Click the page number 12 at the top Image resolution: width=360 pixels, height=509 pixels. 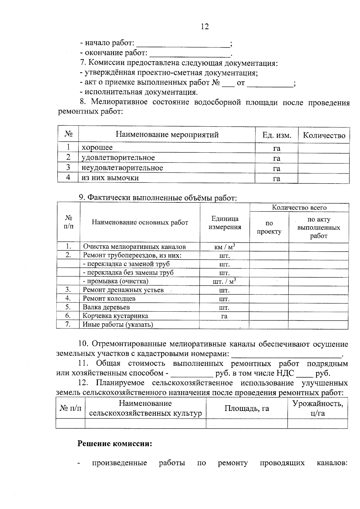(205, 26)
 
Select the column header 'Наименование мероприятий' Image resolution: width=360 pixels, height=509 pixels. (167, 135)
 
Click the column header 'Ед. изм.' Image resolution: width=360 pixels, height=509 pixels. (277, 135)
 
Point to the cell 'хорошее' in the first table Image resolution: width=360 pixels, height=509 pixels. (97, 148)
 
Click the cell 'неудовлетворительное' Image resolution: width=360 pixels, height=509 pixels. (122, 168)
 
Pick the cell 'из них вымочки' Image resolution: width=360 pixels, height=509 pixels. (110, 178)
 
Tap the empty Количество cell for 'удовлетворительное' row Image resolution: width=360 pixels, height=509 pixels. (323, 158)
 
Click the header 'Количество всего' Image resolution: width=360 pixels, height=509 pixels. (299, 208)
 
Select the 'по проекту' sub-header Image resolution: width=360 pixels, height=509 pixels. (269, 227)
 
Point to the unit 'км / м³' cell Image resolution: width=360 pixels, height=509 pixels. (224, 247)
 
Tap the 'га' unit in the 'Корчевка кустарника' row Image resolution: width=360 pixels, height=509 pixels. (224, 316)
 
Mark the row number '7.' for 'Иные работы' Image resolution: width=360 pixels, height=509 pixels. (68, 325)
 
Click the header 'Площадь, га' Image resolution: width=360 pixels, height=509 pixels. (247, 408)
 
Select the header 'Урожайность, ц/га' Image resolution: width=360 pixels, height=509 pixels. (317, 408)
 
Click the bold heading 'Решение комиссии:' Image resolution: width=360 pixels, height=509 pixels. (115, 444)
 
